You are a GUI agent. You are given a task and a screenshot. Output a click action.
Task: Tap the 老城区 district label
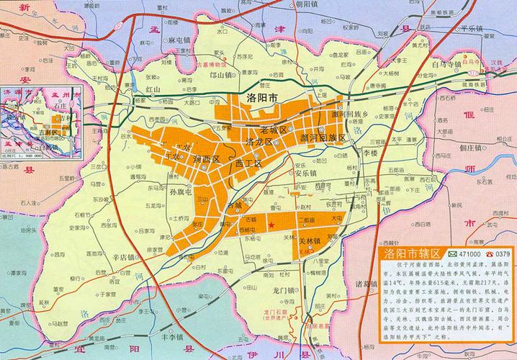click(274, 129)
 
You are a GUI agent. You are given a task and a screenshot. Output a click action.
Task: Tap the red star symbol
click(271, 225)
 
